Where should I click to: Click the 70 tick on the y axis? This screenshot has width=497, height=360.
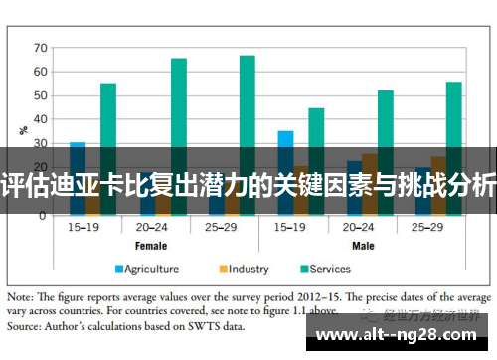(40, 47)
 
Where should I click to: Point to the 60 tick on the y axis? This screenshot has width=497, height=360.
(40, 72)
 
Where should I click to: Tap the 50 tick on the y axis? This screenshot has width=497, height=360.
(40, 96)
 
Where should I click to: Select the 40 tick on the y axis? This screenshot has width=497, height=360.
(40, 120)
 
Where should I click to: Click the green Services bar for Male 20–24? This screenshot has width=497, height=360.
(386, 118)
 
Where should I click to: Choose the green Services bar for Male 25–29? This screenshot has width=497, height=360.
(454, 113)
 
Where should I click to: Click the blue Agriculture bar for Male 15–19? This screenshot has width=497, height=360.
(285, 139)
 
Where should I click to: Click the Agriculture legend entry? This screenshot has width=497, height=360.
(146, 268)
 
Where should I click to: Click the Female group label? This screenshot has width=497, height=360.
(150, 245)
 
